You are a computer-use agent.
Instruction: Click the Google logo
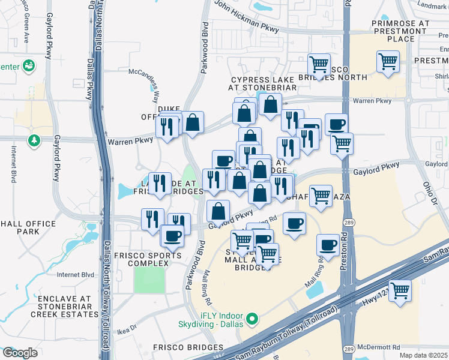pyautogui.click(x=20, y=353)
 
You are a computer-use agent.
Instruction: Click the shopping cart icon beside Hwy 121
pyautogui.click(x=400, y=290)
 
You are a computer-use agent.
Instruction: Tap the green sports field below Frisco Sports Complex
pyautogui.click(x=149, y=280)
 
